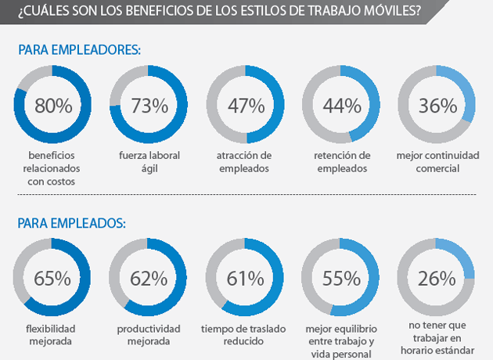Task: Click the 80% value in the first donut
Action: pyautogui.click(x=54, y=105)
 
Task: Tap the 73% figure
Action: pyautogui.click(x=149, y=105)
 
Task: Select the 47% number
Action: pyautogui.click(x=245, y=105)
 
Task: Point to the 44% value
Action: pyautogui.click(x=341, y=105)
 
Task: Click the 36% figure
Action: pyautogui.click(x=437, y=105)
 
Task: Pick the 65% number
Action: pyautogui.click(x=53, y=277)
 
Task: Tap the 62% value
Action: pyautogui.click(x=149, y=277)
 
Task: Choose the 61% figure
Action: pyautogui.click(x=245, y=277)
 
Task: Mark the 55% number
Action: pyautogui.click(x=341, y=277)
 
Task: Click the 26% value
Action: pyautogui.click(x=437, y=277)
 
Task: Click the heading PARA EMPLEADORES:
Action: pyautogui.click(x=79, y=49)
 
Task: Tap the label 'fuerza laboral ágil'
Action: pyautogui.click(x=149, y=161)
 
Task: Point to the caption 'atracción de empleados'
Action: pyautogui.click(x=245, y=161)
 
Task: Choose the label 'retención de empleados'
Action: pyautogui.click(x=341, y=161)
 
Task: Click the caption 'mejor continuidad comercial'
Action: pyautogui.click(x=437, y=161)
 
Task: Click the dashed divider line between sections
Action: pyautogui.click(x=246, y=193)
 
